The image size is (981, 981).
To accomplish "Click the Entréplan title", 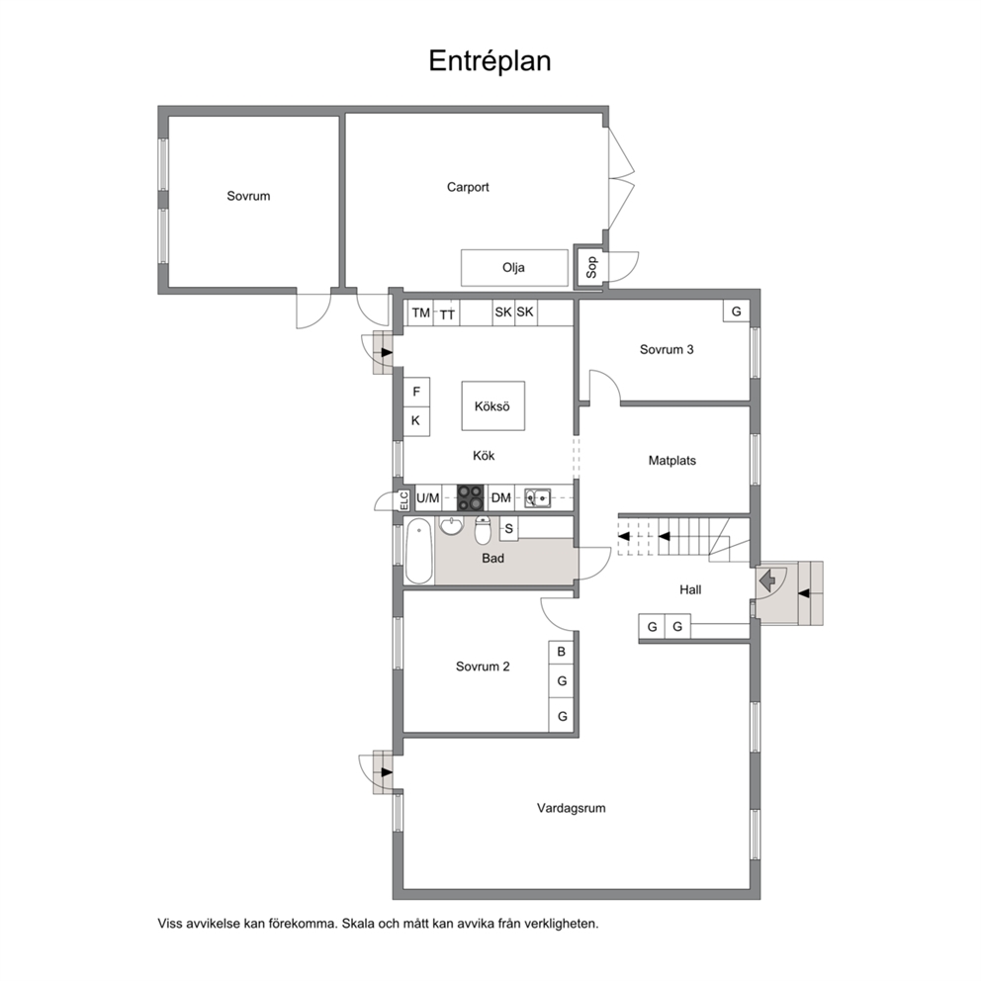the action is [490, 61].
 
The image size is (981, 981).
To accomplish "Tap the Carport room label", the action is [468, 187].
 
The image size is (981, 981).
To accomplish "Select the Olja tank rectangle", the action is [514, 268].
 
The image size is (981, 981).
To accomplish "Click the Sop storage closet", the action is [590, 267].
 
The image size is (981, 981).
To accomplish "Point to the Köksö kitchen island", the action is [493, 406].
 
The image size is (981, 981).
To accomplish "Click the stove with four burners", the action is [471, 498].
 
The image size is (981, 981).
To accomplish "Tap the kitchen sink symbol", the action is [537, 498].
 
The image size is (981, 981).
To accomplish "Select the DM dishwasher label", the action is [501, 498].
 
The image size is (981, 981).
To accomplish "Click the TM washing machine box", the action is [421, 312].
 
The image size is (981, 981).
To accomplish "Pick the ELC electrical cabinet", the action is [404, 499].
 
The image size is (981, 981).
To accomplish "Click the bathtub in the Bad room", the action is [419, 551].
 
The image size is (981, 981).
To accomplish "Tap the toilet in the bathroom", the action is [483, 530].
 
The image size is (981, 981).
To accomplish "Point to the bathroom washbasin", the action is [451, 527].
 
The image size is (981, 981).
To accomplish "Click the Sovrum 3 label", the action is [667, 350].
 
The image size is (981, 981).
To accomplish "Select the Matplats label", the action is [671, 461].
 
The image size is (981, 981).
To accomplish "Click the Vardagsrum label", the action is [572, 808].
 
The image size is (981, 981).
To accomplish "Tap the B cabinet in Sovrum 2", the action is [561, 652].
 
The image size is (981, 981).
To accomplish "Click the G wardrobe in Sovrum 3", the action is [737, 311].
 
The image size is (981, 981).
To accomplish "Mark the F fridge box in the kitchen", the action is [416, 392].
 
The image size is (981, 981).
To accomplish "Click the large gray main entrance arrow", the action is [767, 581].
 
